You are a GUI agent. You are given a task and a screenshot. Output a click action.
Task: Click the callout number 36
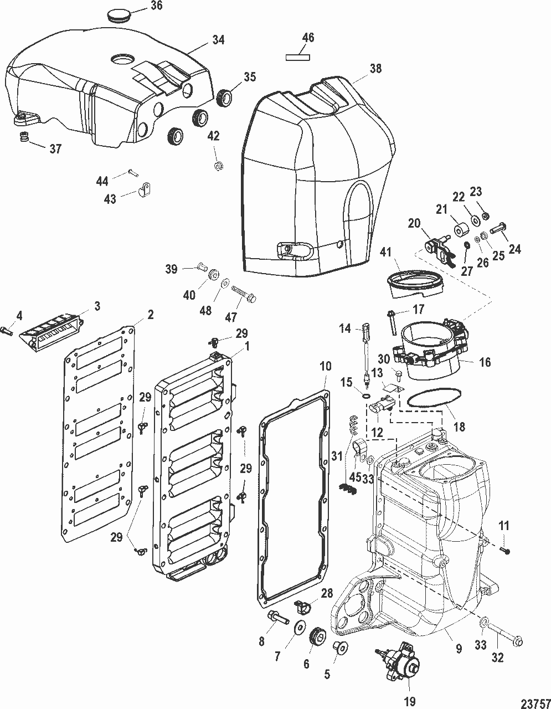click(x=157, y=6)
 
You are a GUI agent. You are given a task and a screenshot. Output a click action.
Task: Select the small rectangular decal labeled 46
click(x=298, y=56)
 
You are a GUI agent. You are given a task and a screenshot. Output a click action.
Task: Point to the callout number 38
click(x=376, y=69)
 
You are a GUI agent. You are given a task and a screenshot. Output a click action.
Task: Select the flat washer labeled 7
click(x=301, y=626)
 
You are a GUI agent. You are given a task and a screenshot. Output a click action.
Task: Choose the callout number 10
click(x=325, y=367)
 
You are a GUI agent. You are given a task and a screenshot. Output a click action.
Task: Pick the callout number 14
click(x=346, y=328)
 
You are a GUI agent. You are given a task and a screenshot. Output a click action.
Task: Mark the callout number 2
click(x=150, y=314)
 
